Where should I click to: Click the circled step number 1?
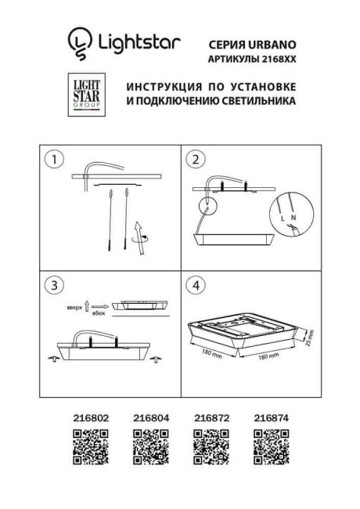point(53,161)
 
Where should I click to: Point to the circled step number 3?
point(53,285)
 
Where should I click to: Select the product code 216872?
point(209,418)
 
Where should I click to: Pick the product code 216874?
point(271,418)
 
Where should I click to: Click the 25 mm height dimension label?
point(309,337)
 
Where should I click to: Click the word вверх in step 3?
point(74,300)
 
